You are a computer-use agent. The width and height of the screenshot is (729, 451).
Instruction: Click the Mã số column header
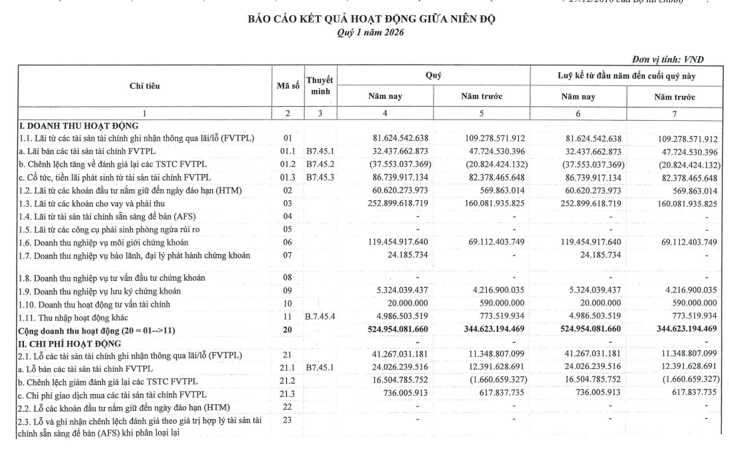click(x=287, y=85)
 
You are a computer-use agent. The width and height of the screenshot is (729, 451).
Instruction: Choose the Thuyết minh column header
click(x=319, y=85)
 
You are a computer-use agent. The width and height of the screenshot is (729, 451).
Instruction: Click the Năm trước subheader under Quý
click(x=482, y=97)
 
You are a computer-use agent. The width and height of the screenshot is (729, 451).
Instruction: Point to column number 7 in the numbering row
click(x=674, y=114)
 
